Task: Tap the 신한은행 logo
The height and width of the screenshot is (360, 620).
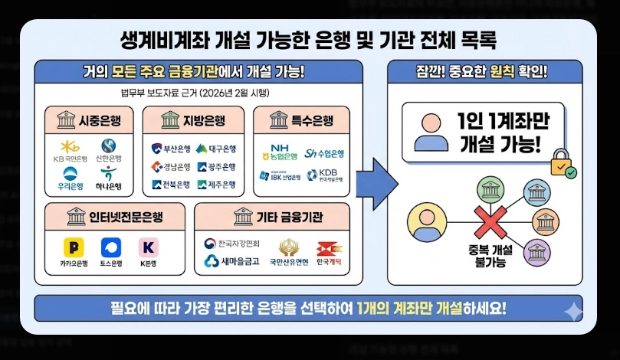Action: click(x=108, y=146)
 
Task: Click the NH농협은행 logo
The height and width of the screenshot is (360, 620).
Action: click(x=281, y=151)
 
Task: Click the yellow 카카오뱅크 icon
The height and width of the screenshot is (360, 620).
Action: click(x=74, y=247)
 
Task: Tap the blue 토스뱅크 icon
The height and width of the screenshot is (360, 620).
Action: click(x=111, y=247)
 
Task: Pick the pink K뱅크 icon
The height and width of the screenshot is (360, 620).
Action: click(x=147, y=247)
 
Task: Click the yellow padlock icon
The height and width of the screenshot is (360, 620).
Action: click(x=561, y=163)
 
